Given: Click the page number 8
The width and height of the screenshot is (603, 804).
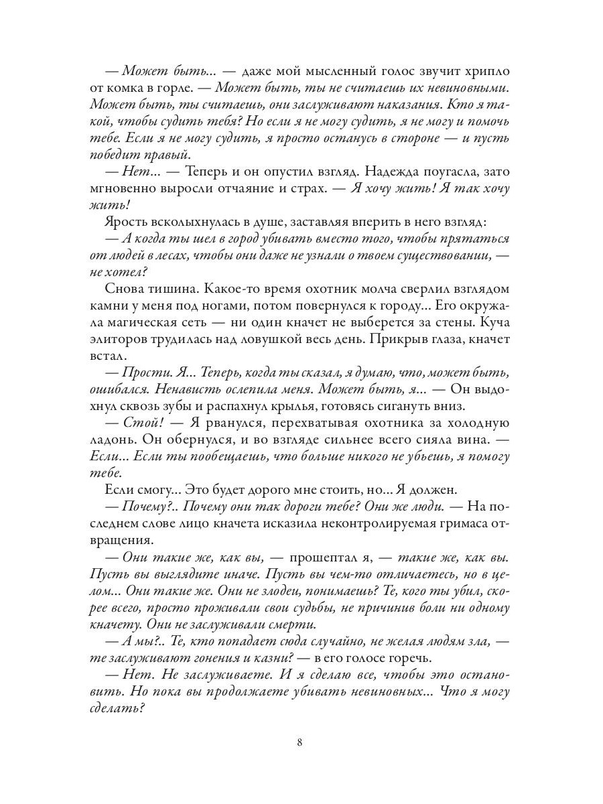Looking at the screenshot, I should tap(301, 742).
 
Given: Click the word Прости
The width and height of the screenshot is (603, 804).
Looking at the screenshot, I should tap(143, 373).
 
